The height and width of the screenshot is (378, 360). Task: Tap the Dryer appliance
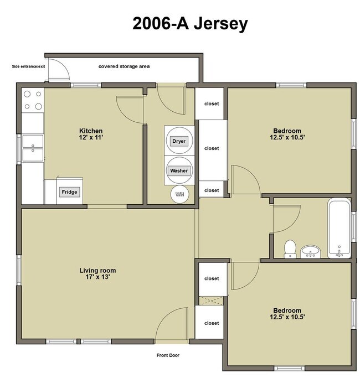[x=179, y=142]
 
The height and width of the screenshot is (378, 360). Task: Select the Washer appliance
[x=179, y=171]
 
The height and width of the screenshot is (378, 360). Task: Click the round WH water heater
[x=179, y=193]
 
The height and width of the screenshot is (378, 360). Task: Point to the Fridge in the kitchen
[x=70, y=192]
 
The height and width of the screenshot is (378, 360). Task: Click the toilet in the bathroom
[x=290, y=248]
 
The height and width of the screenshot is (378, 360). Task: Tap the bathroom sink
[x=312, y=252]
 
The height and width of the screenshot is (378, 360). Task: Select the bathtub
[x=339, y=229]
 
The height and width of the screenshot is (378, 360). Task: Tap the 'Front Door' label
[x=168, y=355]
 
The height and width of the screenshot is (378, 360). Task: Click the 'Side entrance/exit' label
[x=28, y=66]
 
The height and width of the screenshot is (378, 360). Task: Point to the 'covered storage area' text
[x=124, y=66]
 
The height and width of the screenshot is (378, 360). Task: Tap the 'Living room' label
[x=97, y=271]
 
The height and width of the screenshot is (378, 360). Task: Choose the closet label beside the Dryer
[x=212, y=148]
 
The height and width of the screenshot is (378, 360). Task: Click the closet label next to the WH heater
[x=212, y=190]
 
